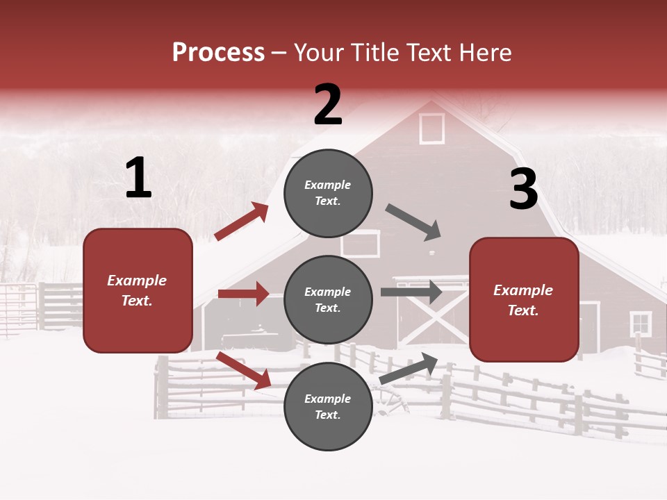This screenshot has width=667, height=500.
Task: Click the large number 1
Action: coord(138,178)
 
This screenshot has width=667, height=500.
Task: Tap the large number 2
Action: coord(328,105)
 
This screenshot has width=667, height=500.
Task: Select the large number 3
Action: coord(523,190)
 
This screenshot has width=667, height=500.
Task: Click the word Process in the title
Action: coord(218,52)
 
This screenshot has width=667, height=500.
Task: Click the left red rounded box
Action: coord(138,290)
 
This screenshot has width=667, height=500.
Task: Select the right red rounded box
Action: coord(524,299)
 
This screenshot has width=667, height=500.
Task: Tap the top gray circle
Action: coord(328,193)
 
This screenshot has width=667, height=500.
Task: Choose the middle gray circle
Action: coord(328,299)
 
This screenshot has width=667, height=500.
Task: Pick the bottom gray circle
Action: coord(328,406)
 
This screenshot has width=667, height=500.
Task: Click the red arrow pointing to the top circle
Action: coord(242,222)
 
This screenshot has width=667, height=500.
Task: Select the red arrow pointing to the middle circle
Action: coord(243,294)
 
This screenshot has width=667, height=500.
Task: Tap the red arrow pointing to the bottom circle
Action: coord(244,370)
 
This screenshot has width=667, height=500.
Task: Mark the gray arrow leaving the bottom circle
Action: coord(409,368)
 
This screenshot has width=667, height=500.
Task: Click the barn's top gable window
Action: coord(431,128)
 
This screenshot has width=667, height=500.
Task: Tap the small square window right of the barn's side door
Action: coord(640,323)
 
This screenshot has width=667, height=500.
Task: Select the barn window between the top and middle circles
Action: coord(361,244)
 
